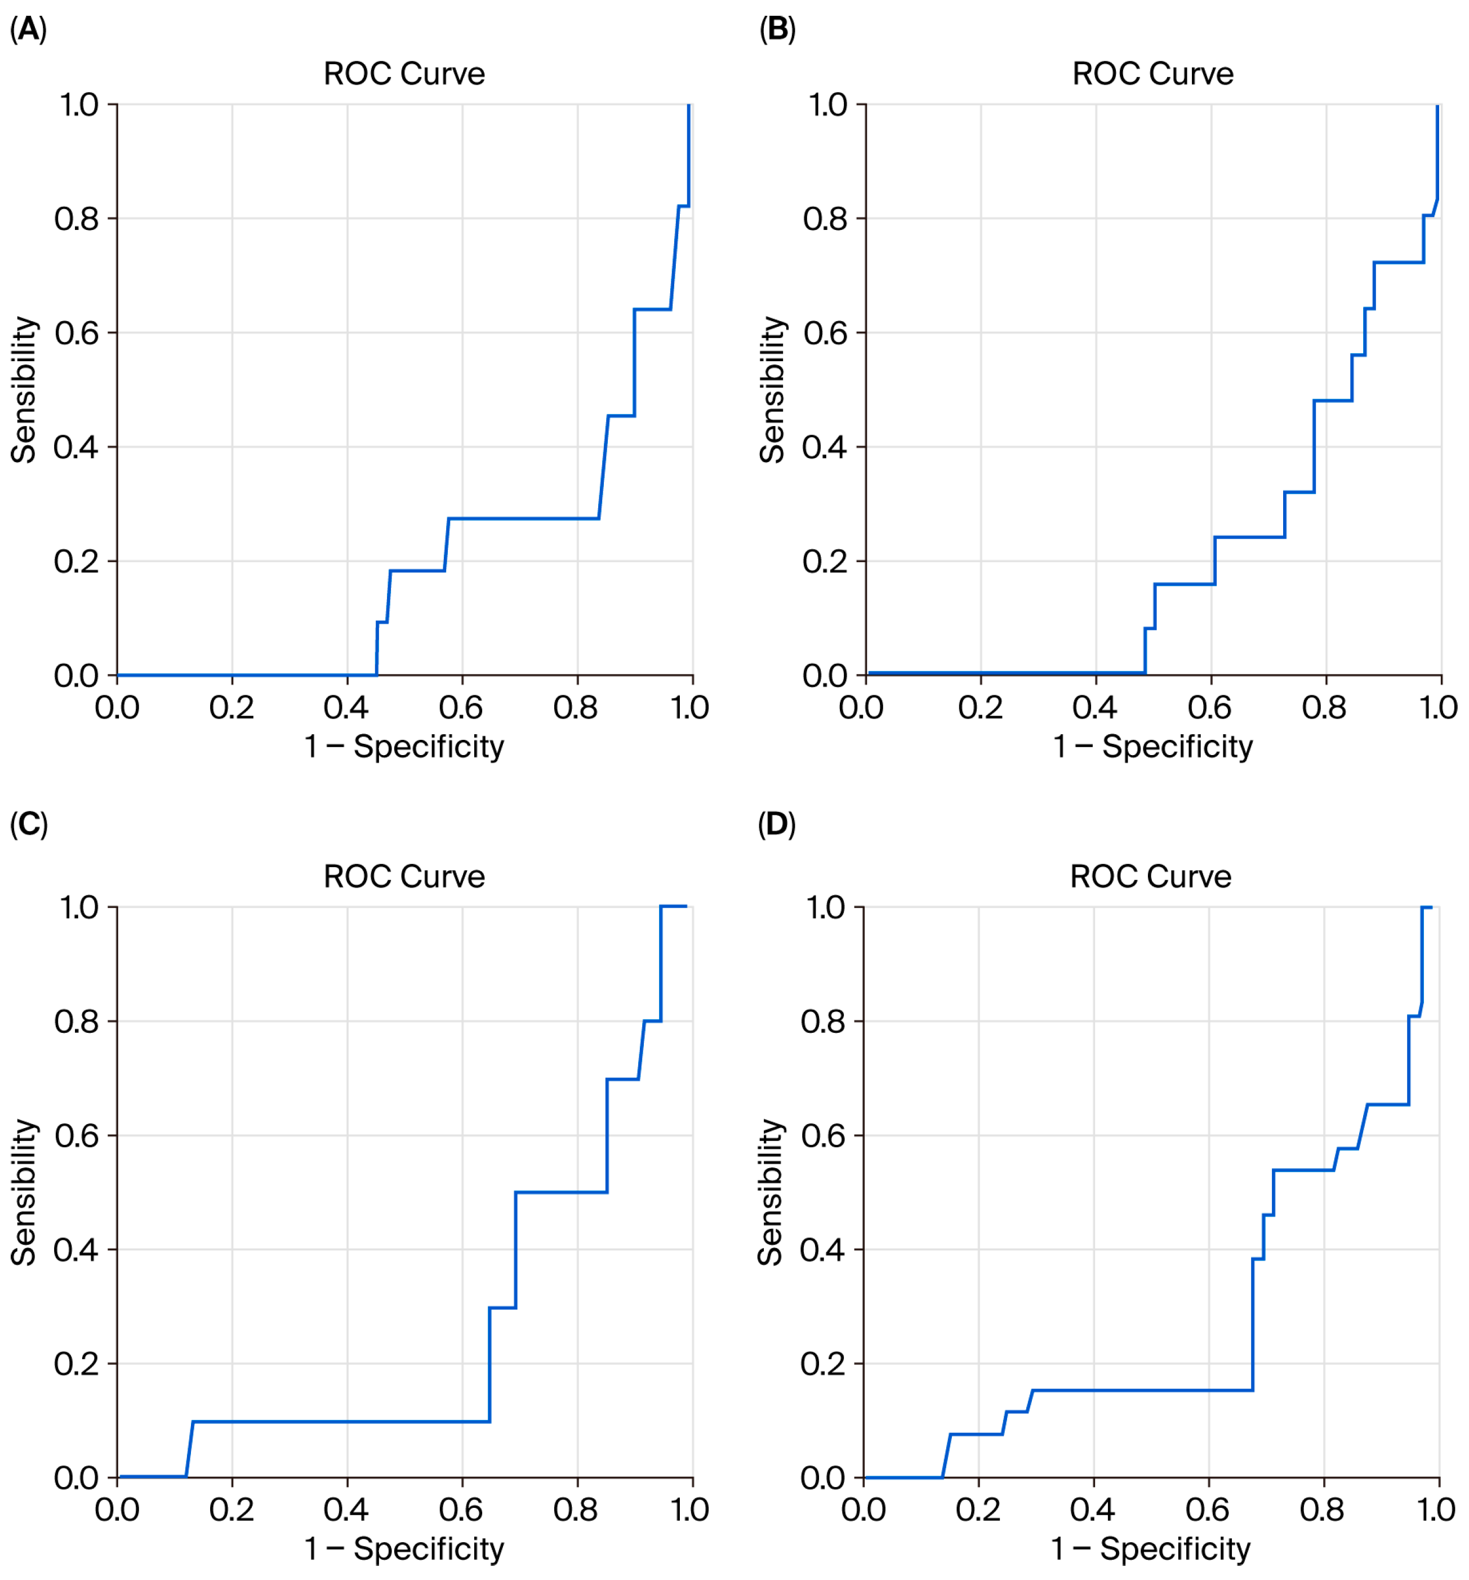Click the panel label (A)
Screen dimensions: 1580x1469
click(28, 29)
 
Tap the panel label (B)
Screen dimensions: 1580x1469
click(776, 29)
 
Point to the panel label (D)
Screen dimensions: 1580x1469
click(776, 825)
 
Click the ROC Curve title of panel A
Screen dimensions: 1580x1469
click(404, 74)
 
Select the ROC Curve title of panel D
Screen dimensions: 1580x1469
click(1150, 877)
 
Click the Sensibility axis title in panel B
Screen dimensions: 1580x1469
click(772, 389)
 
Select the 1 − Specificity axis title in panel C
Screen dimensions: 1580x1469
click(404, 1548)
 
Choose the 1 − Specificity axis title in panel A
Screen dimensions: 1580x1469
click(404, 746)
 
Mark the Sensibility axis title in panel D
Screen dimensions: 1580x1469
click(770, 1192)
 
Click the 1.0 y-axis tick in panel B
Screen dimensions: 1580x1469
click(827, 105)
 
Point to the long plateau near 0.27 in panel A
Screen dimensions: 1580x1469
click(524, 519)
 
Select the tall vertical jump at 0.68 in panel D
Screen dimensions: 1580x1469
click(1252, 1323)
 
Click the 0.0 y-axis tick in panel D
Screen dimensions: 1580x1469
click(823, 1477)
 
